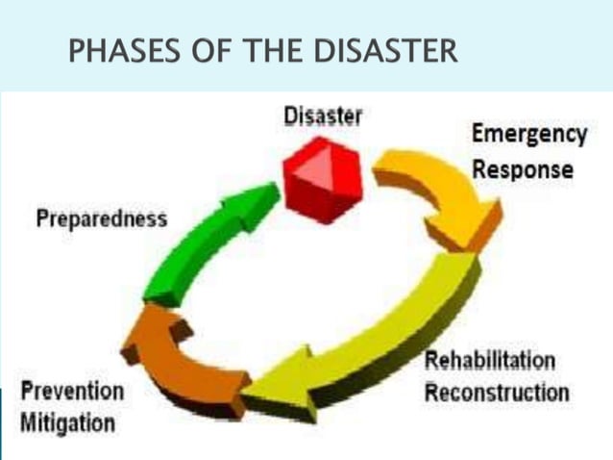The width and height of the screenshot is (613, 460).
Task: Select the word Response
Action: coord(523,169)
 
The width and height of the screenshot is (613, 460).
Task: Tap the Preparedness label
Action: coord(101,217)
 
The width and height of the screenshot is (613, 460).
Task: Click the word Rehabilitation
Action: coord(490,361)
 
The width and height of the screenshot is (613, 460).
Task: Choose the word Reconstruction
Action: coord(497,393)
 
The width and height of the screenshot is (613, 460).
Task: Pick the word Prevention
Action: coord(72,392)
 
